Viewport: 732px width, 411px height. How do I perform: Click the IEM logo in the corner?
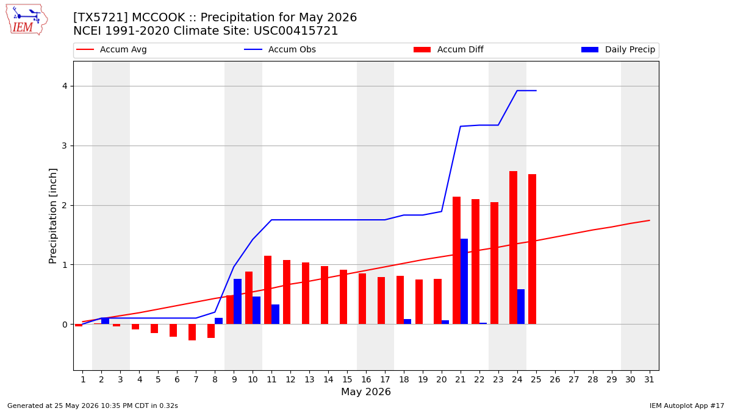27,19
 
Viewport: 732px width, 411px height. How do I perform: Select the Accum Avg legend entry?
112,49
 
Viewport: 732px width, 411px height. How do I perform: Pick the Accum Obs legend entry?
280,49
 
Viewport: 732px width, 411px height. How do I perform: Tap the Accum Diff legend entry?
448,49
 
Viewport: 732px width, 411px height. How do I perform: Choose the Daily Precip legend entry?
618,49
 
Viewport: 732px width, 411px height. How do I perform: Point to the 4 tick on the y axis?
65,86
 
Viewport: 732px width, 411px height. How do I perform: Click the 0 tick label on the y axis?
65,325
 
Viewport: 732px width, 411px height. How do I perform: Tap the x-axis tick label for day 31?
649,380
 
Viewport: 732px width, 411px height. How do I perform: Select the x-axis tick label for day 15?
347,380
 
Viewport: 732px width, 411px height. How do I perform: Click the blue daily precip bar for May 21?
464,281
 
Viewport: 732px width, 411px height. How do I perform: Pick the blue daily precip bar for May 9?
237,301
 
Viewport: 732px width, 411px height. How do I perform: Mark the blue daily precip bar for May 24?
521,307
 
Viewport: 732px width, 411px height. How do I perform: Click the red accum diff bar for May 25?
532,249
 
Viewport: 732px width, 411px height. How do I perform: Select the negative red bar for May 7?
192,332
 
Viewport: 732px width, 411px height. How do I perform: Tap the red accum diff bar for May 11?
268,290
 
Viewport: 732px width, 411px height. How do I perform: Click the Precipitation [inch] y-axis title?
52,216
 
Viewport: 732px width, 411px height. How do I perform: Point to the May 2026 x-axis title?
365,392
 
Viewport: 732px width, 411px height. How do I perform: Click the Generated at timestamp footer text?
93,406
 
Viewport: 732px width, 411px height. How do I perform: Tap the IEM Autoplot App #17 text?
687,406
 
